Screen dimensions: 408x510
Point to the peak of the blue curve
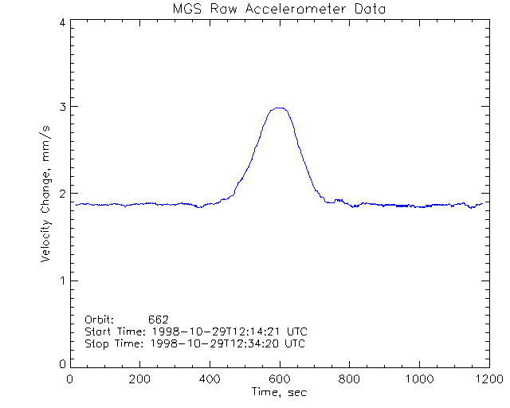279,108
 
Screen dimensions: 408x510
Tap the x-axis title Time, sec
279,392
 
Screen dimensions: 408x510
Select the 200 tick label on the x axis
140,379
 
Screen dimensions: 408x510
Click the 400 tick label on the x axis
210,379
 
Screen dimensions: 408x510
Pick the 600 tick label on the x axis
279,379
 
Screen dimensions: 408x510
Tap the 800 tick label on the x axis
349,379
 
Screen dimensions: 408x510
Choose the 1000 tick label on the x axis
418,379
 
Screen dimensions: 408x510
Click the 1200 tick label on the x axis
488,379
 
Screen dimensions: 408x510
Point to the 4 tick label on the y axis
61,22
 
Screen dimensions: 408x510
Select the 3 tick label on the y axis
61,107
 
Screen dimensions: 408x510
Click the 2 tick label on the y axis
61,194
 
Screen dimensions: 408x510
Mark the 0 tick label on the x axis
70,379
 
